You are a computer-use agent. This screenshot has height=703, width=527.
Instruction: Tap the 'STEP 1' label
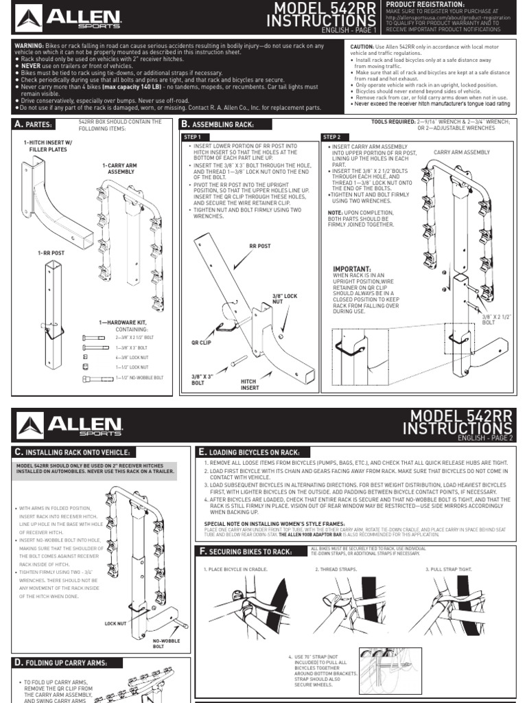(194, 137)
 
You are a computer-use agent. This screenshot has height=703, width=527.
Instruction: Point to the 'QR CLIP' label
(200, 341)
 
